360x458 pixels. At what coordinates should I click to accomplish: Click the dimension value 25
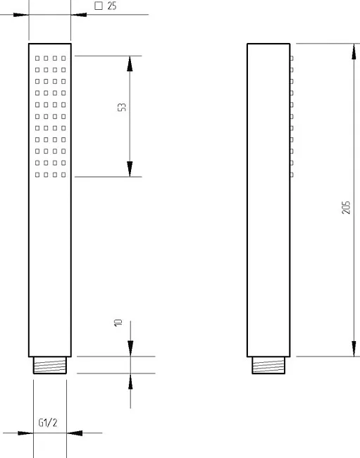click(x=112, y=6)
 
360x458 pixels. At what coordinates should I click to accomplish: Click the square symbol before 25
click(x=99, y=6)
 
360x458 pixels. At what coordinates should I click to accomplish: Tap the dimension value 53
click(x=122, y=107)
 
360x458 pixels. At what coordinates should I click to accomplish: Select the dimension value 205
click(x=346, y=208)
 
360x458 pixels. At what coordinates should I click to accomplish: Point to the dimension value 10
click(x=118, y=323)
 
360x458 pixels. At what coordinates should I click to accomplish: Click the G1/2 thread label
click(x=48, y=422)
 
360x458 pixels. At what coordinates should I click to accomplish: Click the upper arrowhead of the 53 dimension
click(x=130, y=63)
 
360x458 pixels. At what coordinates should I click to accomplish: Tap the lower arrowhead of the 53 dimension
click(x=130, y=169)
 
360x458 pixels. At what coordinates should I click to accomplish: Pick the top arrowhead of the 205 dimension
click(x=354, y=51)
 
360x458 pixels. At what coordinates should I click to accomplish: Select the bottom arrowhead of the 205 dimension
click(x=354, y=349)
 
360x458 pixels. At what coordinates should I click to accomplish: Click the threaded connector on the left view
click(x=50, y=365)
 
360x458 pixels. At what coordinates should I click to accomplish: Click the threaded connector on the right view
click(x=268, y=365)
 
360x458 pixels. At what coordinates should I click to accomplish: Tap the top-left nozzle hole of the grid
click(x=37, y=58)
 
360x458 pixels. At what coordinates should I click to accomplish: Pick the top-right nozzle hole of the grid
click(x=63, y=58)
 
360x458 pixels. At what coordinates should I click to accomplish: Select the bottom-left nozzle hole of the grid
click(x=37, y=175)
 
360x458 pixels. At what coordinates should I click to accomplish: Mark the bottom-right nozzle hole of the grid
click(x=63, y=175)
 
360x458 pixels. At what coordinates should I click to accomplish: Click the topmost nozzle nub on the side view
click(x=292, y=58)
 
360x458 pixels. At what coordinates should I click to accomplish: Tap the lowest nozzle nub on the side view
click(x=292, y=175)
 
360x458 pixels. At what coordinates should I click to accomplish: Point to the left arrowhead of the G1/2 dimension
click(x=25, y=433)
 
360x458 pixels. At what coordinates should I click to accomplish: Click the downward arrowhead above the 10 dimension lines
click(x=130, y=349)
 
